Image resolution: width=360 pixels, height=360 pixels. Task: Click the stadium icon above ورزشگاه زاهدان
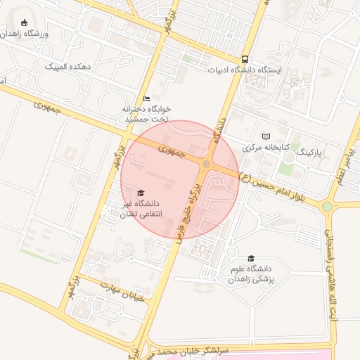tap(25, 23)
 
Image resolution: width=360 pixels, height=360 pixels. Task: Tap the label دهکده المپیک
tap(69, 67)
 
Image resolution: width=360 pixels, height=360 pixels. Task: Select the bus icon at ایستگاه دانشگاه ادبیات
tap(245, 60)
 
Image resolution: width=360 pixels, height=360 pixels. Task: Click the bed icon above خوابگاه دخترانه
tap(146, 99)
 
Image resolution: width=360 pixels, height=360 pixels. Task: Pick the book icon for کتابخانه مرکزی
tap(265, 136)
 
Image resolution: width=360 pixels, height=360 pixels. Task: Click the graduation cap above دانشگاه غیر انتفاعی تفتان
tap(140, 193)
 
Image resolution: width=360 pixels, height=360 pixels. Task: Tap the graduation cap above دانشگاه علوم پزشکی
tap(251, 258)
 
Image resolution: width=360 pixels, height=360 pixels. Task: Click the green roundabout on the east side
tap(327, 207)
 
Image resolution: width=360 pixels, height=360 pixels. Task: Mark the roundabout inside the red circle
tap(206, 164)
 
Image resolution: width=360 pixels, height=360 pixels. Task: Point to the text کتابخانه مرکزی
tap(262, 148)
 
